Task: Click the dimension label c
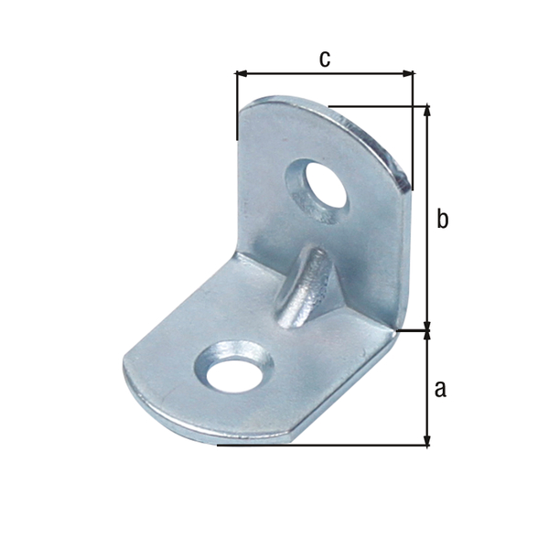point(325,59)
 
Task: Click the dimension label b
point(442,219)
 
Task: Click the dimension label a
point(440,389)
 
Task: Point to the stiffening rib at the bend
point(304,287)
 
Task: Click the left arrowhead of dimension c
point(242,73)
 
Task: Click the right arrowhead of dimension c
point(408,73)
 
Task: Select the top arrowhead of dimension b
point(426,110)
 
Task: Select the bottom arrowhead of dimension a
point(426,440)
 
